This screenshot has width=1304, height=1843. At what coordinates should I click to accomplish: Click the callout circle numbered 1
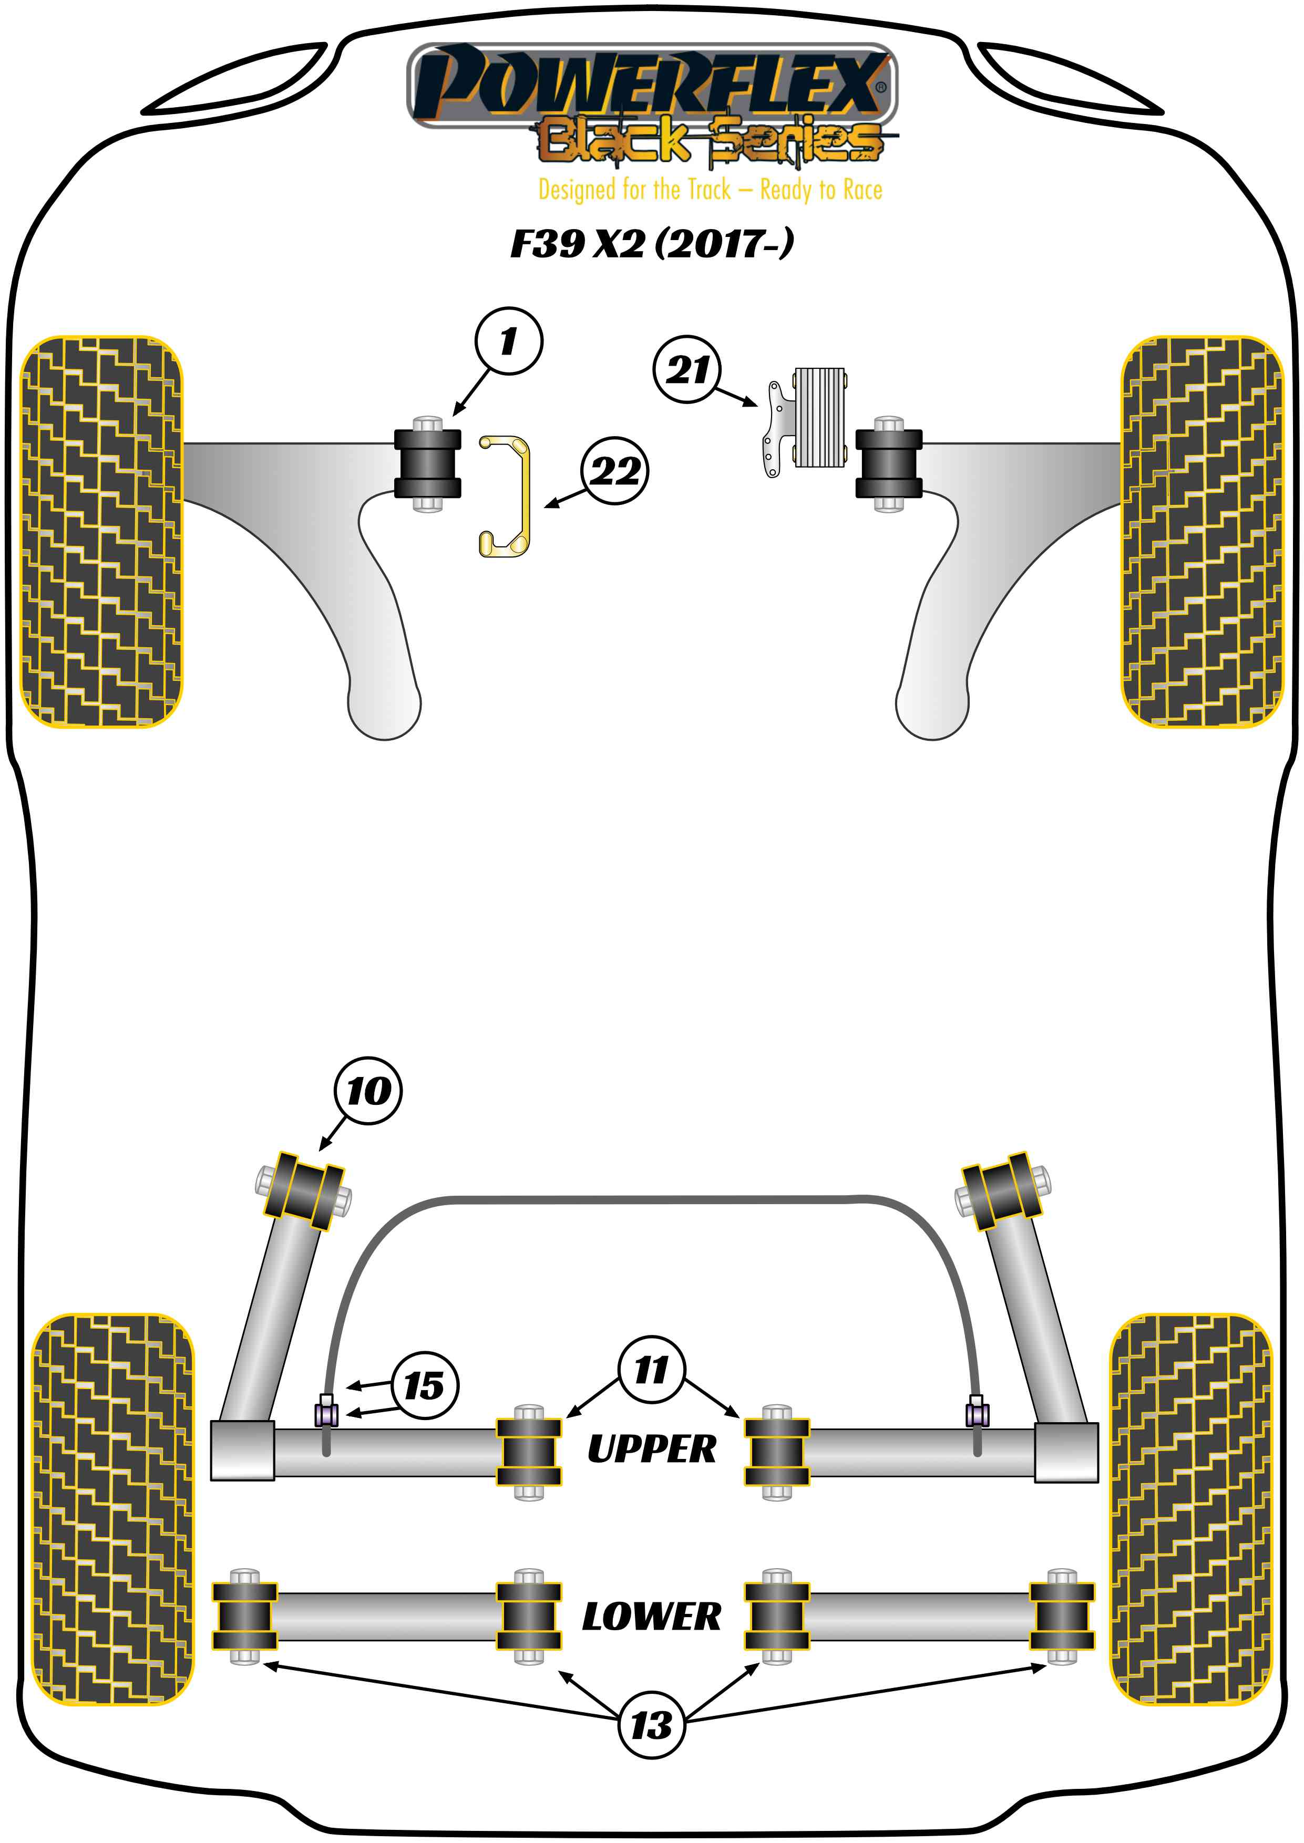click(508, 341)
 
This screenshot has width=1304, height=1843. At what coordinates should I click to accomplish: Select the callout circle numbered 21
click(687, 369)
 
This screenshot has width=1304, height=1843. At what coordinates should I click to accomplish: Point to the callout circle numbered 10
click(368, 1090)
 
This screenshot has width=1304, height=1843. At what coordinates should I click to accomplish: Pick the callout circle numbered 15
click(425, 1385)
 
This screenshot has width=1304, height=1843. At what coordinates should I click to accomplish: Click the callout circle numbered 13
click(651, 1725)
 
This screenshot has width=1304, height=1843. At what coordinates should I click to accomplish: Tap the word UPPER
click(651, 1449)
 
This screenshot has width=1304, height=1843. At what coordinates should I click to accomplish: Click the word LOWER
click(651, 1617)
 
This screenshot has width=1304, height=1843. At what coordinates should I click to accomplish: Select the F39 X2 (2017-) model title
click(651, 243)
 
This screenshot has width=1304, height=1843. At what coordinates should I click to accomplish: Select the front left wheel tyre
click(101, 531)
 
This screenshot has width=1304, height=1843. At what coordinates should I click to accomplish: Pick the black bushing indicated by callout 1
click(427, 464)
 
